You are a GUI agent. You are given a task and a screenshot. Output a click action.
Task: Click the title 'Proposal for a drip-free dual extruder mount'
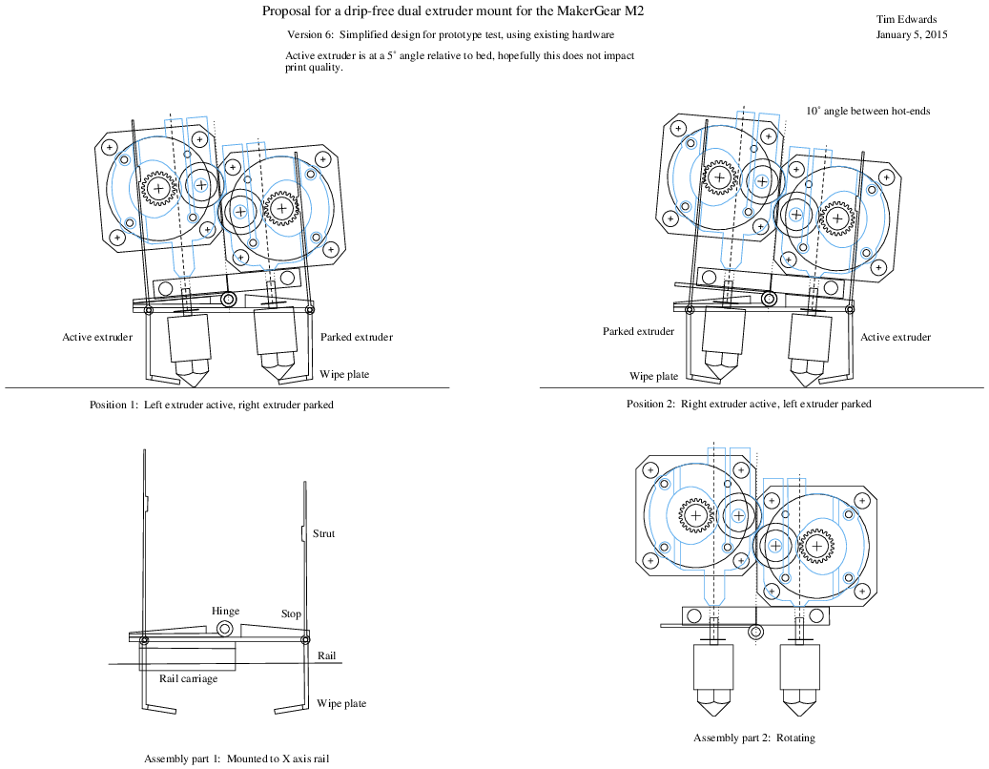pyautogui.click(x=460, y=12)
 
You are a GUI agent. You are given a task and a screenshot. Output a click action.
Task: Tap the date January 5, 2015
pyautogui.click(x=911, y=35)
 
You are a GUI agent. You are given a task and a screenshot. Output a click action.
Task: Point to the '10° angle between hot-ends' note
pyautogui.click(x=867, y=111)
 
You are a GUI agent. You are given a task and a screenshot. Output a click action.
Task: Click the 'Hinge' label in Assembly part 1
pyautogui.click(x=225, y=612)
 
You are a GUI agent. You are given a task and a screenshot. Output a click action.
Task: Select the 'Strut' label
pyautogui.click(x=323, y=534)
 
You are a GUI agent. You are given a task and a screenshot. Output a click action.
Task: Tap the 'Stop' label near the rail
pyautogui.click(x=291, y=614)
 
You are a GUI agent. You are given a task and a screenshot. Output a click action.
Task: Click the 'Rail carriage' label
pyautogui.click(x=188, y=679)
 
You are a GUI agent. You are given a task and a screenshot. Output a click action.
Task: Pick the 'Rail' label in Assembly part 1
pyautogui.click(x=325, y=655)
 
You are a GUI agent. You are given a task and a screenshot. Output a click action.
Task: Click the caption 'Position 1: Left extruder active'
pyautogui.click(x=211, y=405)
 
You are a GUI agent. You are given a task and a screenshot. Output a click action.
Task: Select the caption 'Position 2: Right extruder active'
pyautogui.click(x=749, y=404)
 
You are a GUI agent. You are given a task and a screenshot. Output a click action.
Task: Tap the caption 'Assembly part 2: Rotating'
pyautogui.click(x=754, y=738)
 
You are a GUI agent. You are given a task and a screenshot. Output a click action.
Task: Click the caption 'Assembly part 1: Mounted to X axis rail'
pyautogui.click(x=237, y=759)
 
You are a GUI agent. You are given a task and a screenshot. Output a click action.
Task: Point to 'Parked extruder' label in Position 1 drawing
pyautogui.click(x=356, y=337)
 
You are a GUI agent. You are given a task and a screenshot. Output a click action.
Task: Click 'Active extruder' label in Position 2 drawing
pyautogui.click(x=896, y=337)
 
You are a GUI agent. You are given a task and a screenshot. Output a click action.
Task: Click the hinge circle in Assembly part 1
pyautogui.click(x=225, y=629)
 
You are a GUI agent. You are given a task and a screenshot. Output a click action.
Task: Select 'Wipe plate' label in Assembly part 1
pyautogui.click(x=341, y=704)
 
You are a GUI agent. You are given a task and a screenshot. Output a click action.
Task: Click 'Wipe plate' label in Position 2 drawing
pyautogui.click(x=653, y=376)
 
